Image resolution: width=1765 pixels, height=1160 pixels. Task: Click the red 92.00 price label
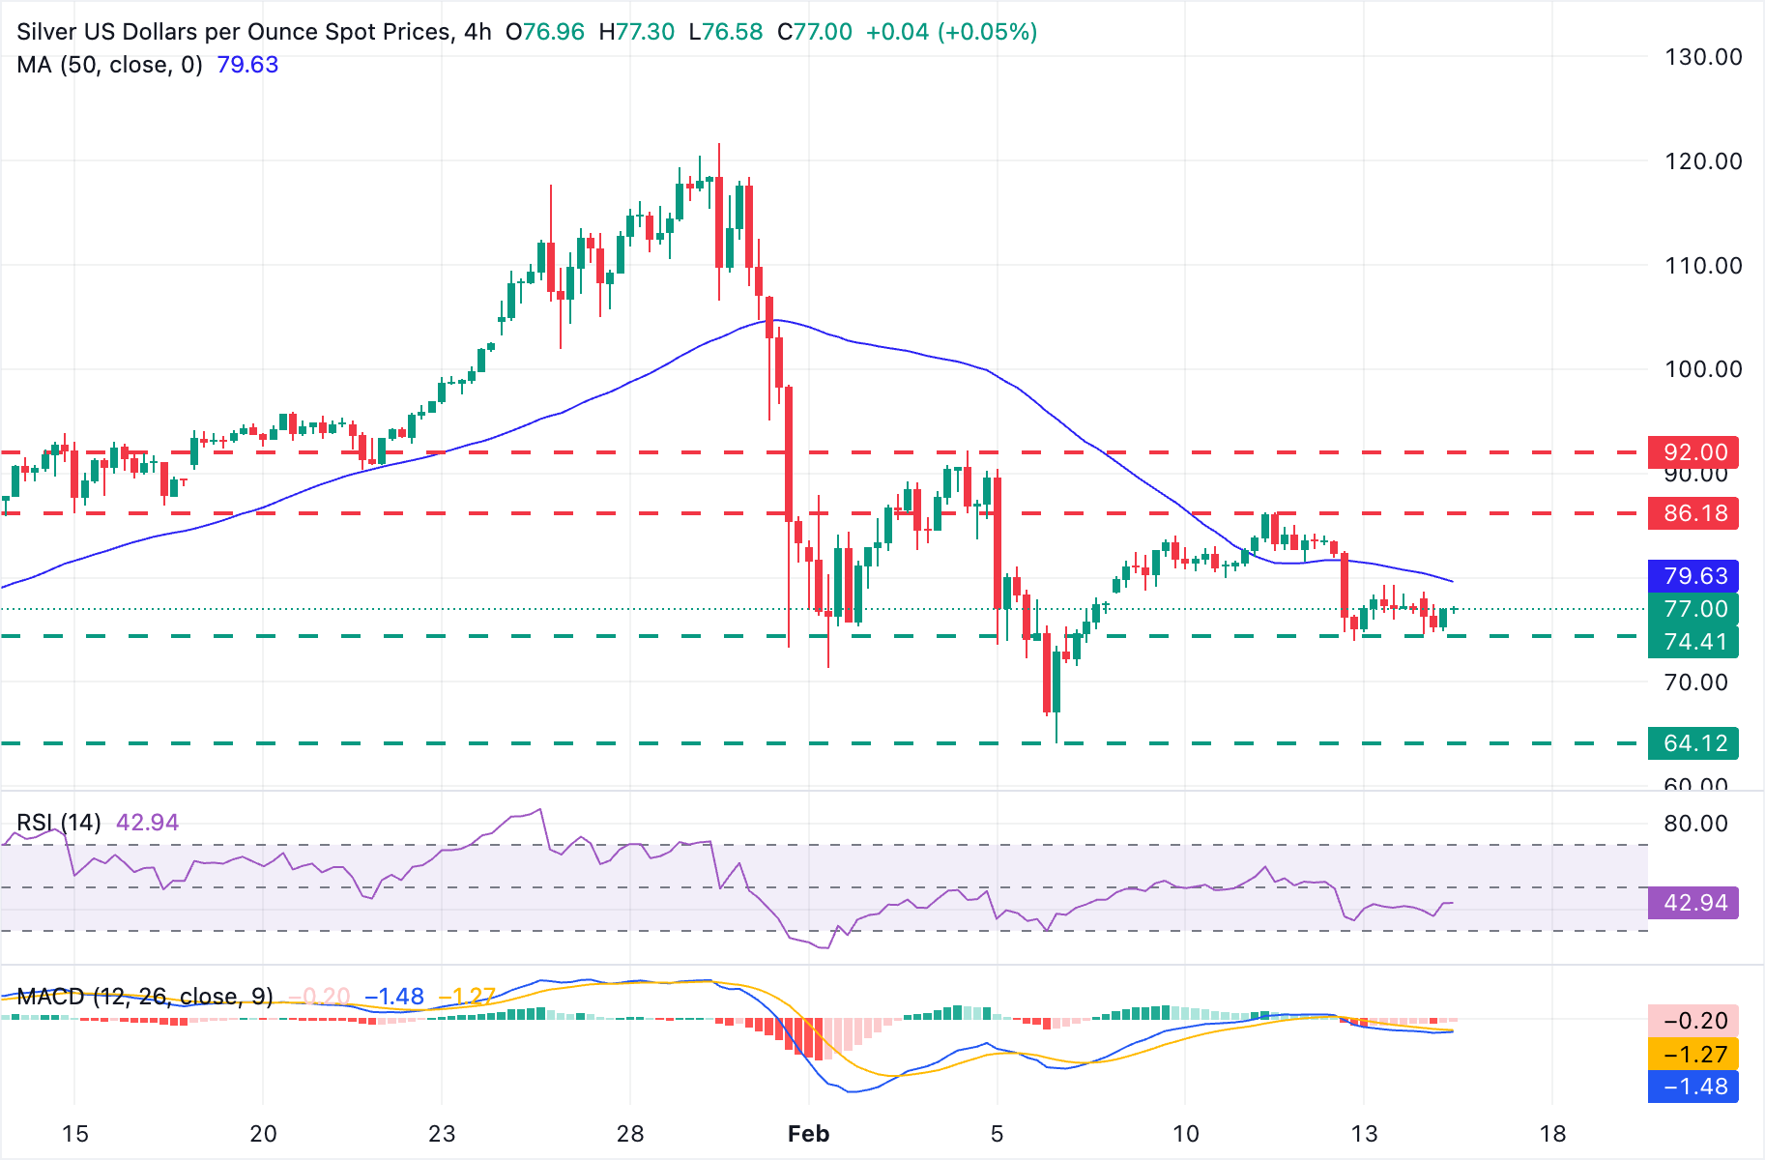[1694, 452]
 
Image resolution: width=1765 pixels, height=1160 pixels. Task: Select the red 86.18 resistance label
[1694, 513]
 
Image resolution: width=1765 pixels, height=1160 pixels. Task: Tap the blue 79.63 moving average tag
[1694, 576]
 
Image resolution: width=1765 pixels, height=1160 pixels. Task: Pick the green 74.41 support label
[1694, 642]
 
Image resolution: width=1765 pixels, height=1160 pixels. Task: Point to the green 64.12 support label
[1694, 743]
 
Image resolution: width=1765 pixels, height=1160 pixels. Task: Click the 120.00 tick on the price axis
[1702, 161]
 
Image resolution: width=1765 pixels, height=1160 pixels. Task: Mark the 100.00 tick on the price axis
[1702, 369]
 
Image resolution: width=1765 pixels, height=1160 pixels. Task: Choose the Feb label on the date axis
[808, 1134]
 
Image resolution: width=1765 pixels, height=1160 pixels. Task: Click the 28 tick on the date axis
[630, 1134]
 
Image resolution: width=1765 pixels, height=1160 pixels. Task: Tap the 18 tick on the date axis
[1552, 1134]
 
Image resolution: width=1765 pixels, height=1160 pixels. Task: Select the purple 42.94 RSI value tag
[1694, 903]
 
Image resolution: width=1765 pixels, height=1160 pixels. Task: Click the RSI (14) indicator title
[59, 823]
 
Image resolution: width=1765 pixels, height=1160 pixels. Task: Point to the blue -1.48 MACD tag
[1694, 1087]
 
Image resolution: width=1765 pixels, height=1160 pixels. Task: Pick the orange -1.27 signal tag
[1694, 1055]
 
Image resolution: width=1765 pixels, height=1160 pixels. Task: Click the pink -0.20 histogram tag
[1694, 1021]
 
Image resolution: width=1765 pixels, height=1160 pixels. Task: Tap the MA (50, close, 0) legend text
[109, 65]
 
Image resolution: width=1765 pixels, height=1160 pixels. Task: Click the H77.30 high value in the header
[636, 32]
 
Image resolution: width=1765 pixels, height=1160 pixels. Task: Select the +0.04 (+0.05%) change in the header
[951, 32]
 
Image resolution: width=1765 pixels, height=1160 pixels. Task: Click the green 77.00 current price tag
[1694, 609]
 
